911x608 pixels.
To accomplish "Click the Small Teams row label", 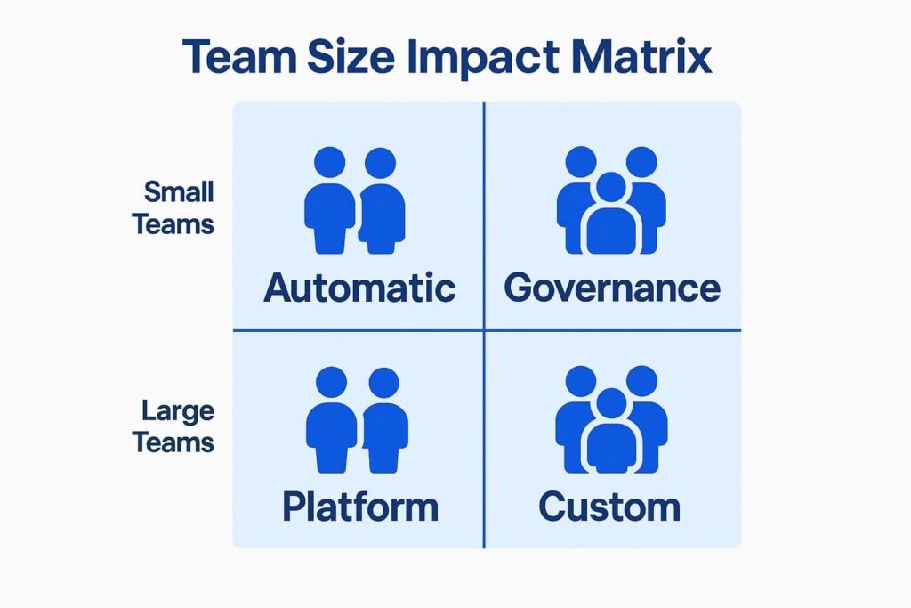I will coord(174,207).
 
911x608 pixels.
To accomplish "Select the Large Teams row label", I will coord(174,426).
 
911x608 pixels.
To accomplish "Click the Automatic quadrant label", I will coord(359,288).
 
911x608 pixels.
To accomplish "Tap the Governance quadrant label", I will coord(611,288).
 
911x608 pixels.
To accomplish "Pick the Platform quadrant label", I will coord(360,507).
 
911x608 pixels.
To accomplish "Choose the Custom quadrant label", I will coord(609,507).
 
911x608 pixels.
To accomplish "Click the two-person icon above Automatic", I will coord(355,200).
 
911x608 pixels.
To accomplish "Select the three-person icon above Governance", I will coord(610,200).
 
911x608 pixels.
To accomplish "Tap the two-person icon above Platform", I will coord(357,419).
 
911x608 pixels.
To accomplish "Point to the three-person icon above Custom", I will coord(611,419).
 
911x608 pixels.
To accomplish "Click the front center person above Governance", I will coord(610,218).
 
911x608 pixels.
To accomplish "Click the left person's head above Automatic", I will coord(330,163).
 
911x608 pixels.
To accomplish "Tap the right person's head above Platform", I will coord(383,383).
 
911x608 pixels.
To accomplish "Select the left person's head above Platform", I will coord(331,383).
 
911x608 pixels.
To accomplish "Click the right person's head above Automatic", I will coord(380,163).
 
